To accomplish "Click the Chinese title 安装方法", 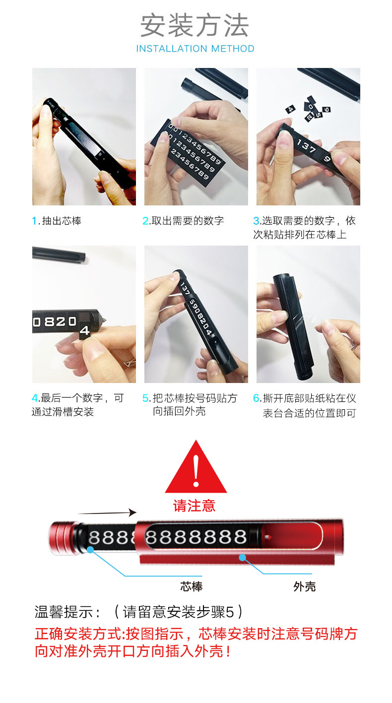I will coord(195,26).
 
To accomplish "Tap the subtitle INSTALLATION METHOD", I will coord(195,49).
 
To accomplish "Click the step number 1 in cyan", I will coord(35,221).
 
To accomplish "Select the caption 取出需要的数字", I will coord(188,221).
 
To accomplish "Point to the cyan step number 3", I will coord(256,221).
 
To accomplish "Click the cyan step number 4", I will coord(35,398).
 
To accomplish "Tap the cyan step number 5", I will coord(146,398).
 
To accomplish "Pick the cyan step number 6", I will coord(257,398).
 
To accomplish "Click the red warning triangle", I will coord(196,469).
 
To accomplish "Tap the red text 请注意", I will coord(195,506).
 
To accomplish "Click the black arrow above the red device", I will coord(107,512).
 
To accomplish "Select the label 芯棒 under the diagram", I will coord(191,587).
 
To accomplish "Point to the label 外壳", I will coord(304,587).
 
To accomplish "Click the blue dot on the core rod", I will coord(90,550).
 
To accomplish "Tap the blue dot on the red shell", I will coord(242,558).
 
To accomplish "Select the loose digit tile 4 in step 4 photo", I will coord(85,330).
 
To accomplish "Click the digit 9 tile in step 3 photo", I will coord(327,160).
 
